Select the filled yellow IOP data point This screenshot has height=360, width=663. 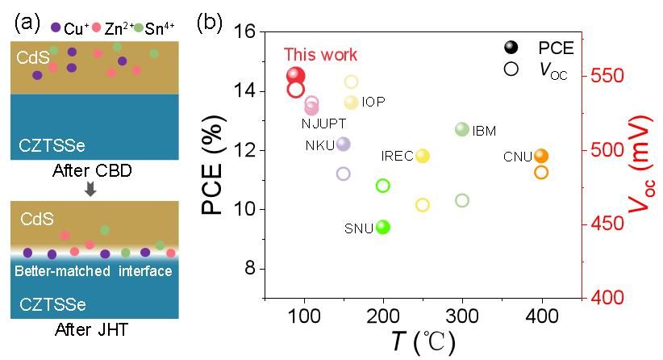pos(351,102)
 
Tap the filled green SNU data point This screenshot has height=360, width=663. pos(383,228)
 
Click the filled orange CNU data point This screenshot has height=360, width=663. pos(541,156)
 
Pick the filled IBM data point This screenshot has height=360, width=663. pos(462,129)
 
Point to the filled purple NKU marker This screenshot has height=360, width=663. pos(343,144)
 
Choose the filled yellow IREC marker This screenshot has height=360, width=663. pos(422,156)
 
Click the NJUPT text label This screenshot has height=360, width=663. pos(323,123)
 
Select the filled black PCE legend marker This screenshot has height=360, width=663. pos(511,49)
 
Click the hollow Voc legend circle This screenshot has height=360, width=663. pos(511,69)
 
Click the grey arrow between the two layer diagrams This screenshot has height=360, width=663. pos(91,189)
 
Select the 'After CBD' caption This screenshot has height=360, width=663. pos(91,172)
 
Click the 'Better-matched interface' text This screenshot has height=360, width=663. pos(94,272)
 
